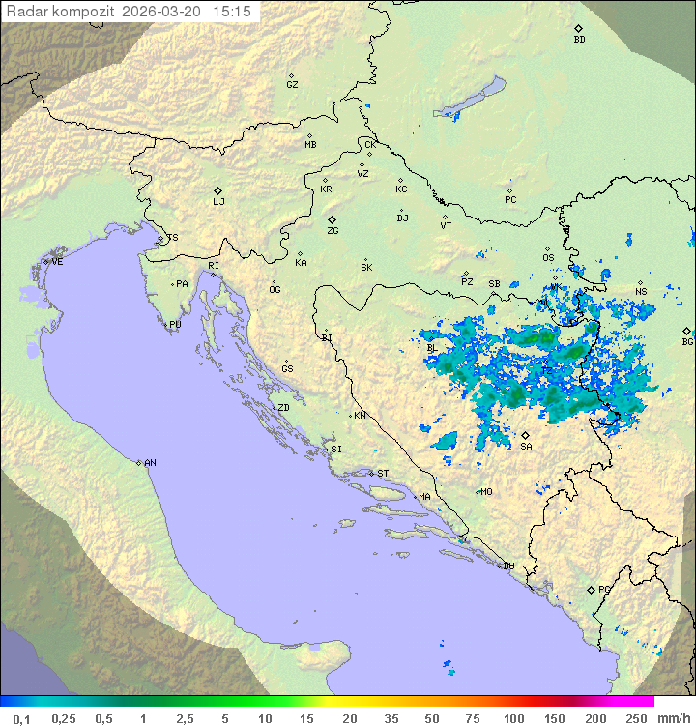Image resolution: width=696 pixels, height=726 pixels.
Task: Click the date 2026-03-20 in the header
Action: [x=166, y=11]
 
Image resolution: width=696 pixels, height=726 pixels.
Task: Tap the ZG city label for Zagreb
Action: [x=333, y=231]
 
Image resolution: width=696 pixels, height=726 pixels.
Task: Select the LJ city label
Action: [x=218, y=202]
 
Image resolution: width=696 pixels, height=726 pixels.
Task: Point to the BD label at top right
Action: [x=579, y=40]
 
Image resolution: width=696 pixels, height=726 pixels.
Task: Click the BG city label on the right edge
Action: [x=687, y=341]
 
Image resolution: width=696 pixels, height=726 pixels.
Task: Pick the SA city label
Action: [x=526, y=447]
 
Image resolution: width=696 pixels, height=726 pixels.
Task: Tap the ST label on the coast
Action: [x=383, y=474]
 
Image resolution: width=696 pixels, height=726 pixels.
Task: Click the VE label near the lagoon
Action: [x=57, y=262]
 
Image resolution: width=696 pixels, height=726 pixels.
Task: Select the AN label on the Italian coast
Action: [x=150, y=463]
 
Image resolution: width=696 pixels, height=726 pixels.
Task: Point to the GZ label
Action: [x=292, y=85]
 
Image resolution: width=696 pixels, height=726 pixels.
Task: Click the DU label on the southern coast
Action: [x=507, y=566]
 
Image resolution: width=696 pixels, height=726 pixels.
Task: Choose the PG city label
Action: [x=604, y=589]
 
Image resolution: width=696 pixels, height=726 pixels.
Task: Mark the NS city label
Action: [x=641, y=292]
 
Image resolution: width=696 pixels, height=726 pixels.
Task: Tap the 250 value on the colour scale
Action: [x=635, y=718]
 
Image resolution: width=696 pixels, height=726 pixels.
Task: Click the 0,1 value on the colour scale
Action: [x=21, y=718]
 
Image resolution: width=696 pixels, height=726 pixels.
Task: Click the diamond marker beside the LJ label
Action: [x=218, y=190]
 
